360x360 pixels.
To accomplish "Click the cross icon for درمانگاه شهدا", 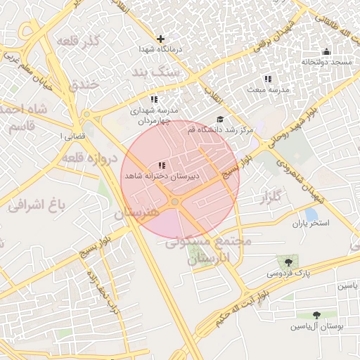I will tap(161, 39).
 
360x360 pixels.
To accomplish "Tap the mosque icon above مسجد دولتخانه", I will tap(326, 51).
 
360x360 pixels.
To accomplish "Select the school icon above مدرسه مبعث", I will tap(267, 79).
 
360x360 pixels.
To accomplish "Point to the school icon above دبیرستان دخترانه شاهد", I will tap(162, 166).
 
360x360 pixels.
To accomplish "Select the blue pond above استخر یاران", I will tap(310, 214).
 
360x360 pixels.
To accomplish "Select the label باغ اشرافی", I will tap(37, 205).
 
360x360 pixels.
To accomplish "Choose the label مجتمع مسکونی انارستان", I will tap(210, 249).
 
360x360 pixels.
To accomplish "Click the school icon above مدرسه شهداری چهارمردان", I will tap(154, 100).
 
